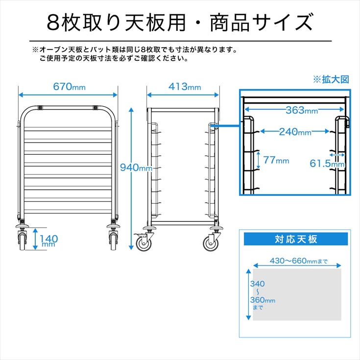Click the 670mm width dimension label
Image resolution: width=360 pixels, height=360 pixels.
click(x=70, y=87)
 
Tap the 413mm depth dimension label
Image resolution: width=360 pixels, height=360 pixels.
click(x=185, y=87)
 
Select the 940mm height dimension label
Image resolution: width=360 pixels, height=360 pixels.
click(x=136, y=168)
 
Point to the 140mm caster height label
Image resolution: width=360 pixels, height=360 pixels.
click(x=49, y=240)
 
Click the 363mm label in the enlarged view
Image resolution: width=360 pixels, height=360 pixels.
click(x=302, y=110)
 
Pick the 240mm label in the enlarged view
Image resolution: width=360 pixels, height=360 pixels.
click(x=295, y=132)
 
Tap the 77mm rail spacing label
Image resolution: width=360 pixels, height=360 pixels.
click(x=276, y=160)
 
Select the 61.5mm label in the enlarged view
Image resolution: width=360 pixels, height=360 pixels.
click(x=327, y=164)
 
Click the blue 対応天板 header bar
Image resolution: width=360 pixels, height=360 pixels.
click(x=296, y=239)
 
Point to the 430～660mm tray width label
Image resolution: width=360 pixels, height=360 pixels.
click(x=298, y=261)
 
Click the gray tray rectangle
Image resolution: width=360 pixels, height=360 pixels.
click(x=297, y=294)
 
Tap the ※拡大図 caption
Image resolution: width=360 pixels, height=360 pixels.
click(x=331, y=80)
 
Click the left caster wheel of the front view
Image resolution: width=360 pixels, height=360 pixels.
click(x=22, y=241)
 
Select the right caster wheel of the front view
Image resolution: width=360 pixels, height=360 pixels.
click(x=113, y=241)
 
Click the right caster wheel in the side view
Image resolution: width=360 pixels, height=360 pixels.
click(x=211, y=243)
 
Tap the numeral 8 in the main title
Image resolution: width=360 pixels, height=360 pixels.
click(x=53, y=23)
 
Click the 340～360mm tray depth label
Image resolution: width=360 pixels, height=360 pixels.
click(x=263, y=295)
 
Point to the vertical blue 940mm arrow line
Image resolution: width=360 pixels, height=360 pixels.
click(x=131, y=179)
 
